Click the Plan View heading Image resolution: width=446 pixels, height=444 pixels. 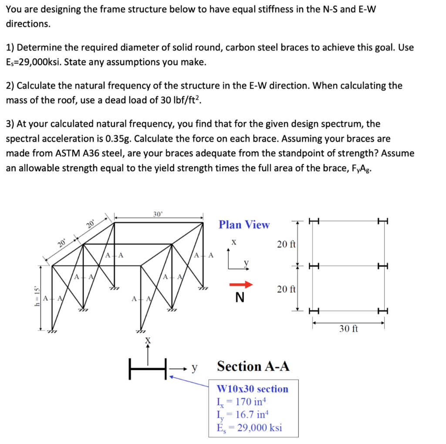coord(244,225)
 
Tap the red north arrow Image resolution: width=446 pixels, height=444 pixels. coord(241,285)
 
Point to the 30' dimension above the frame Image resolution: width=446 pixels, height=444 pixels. coord(158,214)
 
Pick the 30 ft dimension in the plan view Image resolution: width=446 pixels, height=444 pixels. coord(348,329)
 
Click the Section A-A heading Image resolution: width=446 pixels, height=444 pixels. coord(253,366)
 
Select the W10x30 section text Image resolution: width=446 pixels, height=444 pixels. coord(253,389)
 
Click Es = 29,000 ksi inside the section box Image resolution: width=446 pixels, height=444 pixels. coord(249,427)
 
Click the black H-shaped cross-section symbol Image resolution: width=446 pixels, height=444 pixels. coord(148,369)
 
